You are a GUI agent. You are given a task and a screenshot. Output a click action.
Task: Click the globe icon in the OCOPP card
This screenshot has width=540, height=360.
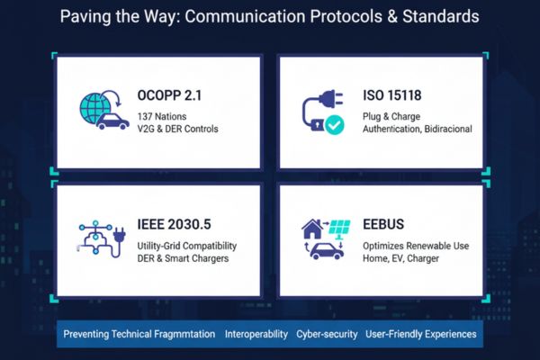[x=95, y=103]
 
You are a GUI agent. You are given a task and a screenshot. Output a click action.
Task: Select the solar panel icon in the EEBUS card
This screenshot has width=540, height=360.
[x=338, y=229]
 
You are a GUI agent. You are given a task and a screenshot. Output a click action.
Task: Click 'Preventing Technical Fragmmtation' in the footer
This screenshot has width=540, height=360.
[x=139, y=334]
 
